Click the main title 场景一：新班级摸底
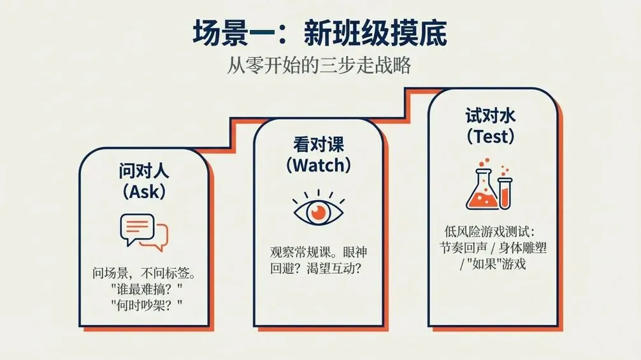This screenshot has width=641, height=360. pos(320,32)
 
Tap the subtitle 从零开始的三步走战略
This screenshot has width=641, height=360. pos(319,66)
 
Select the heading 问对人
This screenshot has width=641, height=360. pos(144,171)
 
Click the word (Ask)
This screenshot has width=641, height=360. pos(144,191)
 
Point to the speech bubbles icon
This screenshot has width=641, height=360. pos(144,232)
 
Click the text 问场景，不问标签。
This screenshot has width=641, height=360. pos(144,273)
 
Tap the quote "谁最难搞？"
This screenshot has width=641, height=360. pos(147,289)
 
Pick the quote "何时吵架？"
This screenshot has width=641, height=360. pos(147,305)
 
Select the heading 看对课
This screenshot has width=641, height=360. pos(319,145)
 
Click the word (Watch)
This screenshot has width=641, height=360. pos(319,165)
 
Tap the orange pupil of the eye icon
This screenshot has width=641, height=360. pos(319,212)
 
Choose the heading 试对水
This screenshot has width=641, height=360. pos(491,116)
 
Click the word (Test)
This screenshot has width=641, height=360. pos(491,136)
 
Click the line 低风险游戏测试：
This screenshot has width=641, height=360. pos(490,232)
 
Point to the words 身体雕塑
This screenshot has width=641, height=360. pos(522,248)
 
